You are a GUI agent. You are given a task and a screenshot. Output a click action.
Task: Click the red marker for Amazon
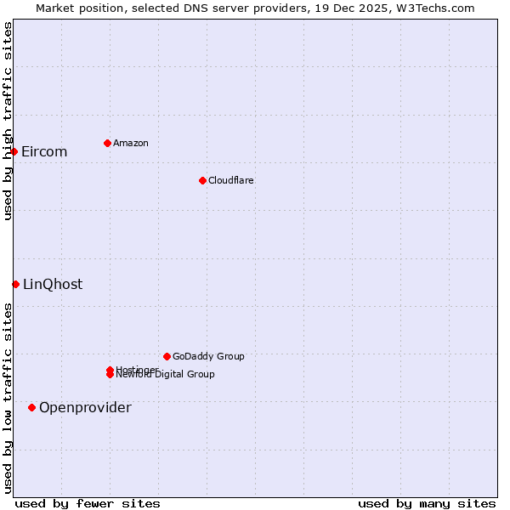(x=107, y=143)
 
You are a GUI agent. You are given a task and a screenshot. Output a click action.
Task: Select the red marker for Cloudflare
(x=202, y=180)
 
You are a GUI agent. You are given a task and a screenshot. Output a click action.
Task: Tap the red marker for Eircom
(x=14, y=151)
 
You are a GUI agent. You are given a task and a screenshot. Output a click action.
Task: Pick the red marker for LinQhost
(x=15, y=284)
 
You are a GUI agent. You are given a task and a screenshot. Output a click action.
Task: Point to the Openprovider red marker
(x=31, y=407)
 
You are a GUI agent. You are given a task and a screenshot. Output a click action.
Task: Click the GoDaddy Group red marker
(x=167, y=356)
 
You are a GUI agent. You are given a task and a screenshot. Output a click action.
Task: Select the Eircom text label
(x=44, y=152)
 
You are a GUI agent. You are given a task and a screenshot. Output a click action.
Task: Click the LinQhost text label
(x=53, y=285)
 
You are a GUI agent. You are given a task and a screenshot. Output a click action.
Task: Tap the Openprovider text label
(x=85, y=408)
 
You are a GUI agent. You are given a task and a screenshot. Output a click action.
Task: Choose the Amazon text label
(x=131, y=143)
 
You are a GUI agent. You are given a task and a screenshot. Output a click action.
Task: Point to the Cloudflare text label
(x=231, y=180)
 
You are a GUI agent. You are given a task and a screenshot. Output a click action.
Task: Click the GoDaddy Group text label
(x=208, y=356)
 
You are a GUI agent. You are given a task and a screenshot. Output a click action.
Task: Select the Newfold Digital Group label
(x=167, y=375)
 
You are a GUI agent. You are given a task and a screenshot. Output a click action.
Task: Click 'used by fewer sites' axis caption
(x=88, y=503)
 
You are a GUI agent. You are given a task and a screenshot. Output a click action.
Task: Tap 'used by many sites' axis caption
(x=427, y=503)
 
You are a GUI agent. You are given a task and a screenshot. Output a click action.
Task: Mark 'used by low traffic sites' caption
(x=8, y=398)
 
